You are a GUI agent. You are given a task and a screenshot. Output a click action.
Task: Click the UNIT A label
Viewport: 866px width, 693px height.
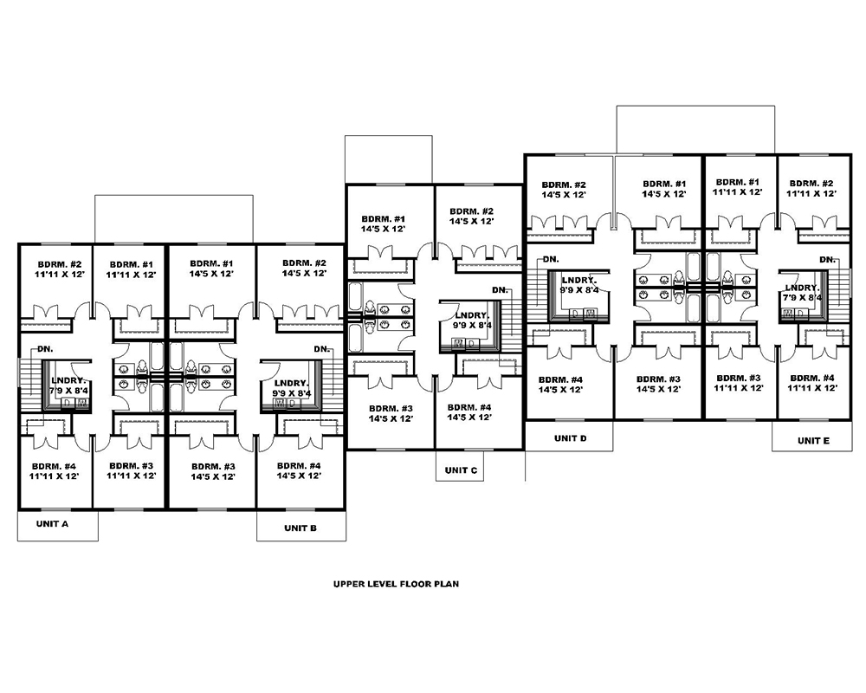[54, 525]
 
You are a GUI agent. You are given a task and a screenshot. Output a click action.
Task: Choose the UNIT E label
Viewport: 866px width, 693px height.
[811, 441]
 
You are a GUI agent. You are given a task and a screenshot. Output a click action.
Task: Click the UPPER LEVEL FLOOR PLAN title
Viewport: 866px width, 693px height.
[396, 584]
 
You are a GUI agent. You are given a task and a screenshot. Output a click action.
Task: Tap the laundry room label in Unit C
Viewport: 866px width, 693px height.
[472, 321]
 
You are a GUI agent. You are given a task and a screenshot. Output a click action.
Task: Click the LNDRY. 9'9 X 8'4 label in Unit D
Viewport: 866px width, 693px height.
[578, 286]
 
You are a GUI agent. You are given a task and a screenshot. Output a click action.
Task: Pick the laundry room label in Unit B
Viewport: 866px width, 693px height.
[291, 388]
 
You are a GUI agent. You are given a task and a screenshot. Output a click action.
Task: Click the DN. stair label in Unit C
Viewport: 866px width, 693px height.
[500, 289]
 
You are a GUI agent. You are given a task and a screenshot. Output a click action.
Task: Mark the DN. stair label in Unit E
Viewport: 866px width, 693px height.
[826, 259]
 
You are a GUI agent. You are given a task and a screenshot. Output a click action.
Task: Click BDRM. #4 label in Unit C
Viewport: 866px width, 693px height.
[471, 412]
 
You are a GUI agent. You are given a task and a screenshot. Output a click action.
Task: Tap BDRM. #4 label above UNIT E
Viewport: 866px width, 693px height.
[812, 384]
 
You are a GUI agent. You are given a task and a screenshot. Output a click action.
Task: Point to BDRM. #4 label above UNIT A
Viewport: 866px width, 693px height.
[55, 470]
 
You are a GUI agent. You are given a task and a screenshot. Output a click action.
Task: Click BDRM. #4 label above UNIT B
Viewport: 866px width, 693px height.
[298, 470]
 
